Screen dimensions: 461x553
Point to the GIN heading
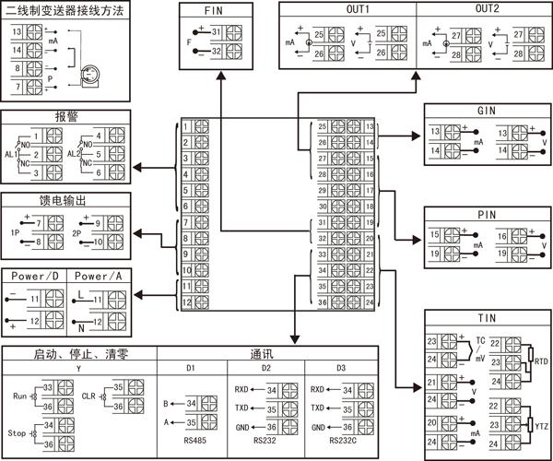pos(488,112)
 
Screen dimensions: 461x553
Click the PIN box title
pos(488,215)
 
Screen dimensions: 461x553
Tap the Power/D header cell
pos(35,276)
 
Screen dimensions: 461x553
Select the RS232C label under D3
pos(339,441)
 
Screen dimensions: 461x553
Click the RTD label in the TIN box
pos(541,362)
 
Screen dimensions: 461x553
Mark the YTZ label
pos(541,427)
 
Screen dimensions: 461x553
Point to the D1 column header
pos(191,368)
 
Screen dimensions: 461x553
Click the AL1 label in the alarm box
pos(12,154)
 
